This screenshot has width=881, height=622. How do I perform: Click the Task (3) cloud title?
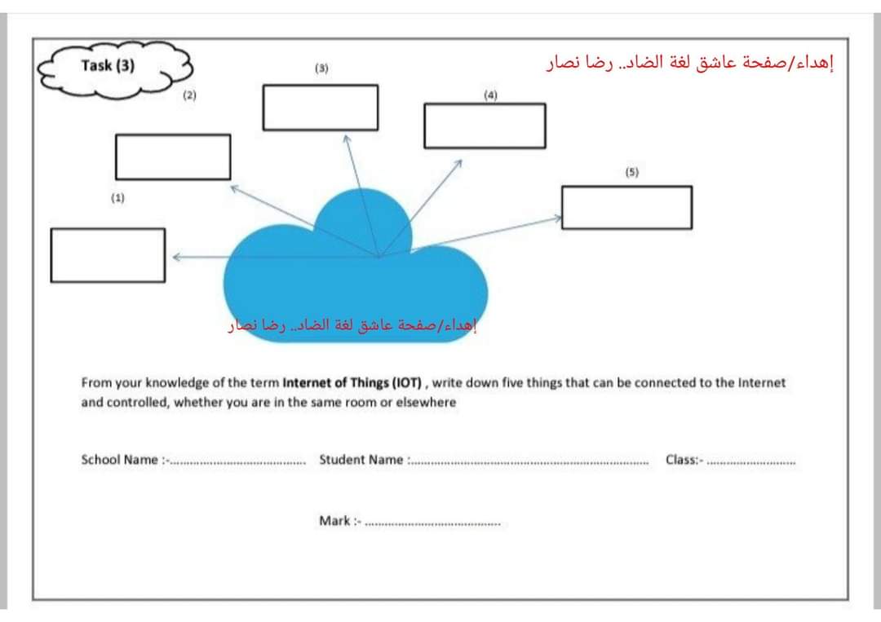tap(108, 66)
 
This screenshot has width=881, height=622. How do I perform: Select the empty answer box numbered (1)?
tap(108, 255)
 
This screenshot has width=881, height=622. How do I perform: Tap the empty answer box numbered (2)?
tap(173, 157)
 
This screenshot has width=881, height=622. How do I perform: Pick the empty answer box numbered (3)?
tap(321, 107)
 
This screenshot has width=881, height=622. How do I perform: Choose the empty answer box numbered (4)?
tap(485, 126)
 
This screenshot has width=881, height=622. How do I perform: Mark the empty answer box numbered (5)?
tap(626, 207)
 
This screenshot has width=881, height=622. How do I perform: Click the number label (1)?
tap(118, 197)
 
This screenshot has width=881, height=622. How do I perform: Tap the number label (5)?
tap(632, 172)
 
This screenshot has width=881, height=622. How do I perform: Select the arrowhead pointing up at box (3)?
tap(346, 139)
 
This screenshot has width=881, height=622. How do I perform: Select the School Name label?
tap(120, 460)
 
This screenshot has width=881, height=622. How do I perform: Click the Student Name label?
tap(361, 460)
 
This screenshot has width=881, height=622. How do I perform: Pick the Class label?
tap(682, 460)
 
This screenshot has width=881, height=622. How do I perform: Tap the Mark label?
tap(335, 521)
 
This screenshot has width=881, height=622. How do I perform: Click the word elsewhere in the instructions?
tap(426, 403)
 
